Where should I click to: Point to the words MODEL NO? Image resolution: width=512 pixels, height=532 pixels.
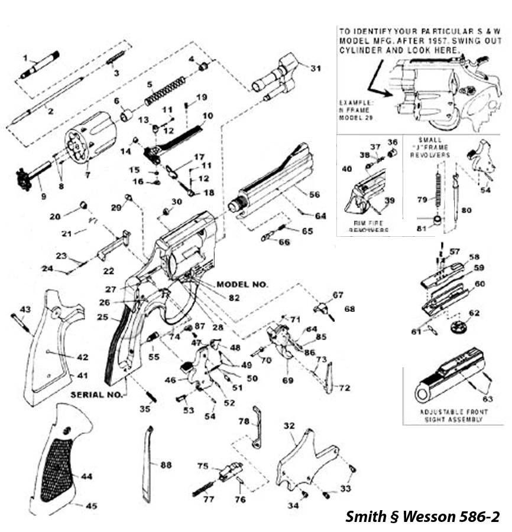coord(242,285)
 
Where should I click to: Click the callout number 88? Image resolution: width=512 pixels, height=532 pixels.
coord(166,466)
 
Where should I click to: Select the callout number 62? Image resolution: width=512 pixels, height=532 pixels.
coord(475,313)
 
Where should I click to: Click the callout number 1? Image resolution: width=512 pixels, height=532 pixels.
coord(26,57)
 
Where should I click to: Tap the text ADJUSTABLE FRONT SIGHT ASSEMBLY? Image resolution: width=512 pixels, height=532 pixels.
coord(453,415)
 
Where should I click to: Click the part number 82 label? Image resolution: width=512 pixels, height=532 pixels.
coord(234,298)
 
